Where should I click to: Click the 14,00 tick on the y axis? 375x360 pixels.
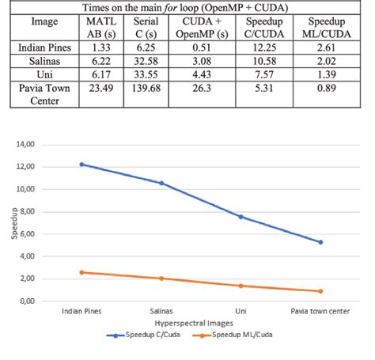pyautogui.click(x=26, y=145)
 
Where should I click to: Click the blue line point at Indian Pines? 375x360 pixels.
pyautogui.click(x=81, y=165)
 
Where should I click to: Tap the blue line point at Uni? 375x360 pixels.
pyautogui.click(x=241, y=217)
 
